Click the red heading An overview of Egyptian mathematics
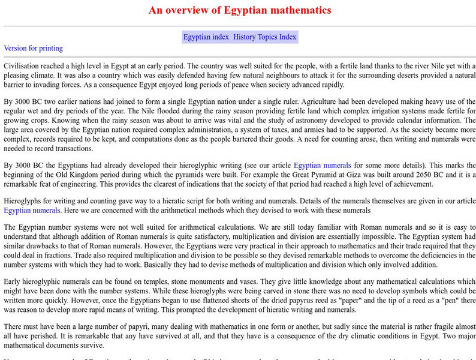click(239, 10)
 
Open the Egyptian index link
click(206, 37)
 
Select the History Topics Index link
click(265, 37)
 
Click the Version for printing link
click(33, 48)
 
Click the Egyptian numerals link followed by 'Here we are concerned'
click(32, 210)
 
